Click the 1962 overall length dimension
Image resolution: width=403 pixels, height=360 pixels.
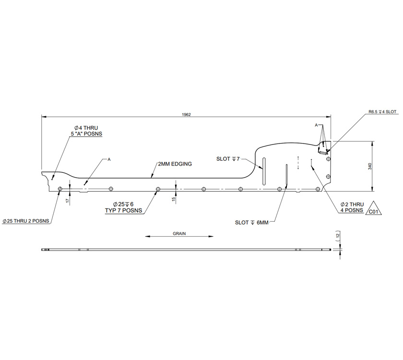click(187, 114)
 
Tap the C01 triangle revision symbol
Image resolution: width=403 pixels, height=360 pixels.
click(374, 210)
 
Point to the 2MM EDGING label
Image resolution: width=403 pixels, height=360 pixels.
click(175, 164)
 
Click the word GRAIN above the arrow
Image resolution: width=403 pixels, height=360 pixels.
click(179, 233)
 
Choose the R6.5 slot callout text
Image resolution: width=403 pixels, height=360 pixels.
click(382, 111)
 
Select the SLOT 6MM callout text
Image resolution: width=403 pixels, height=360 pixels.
click(252, 222)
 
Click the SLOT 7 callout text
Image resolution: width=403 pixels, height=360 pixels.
click(228, 158)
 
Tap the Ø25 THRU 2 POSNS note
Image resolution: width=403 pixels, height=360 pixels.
click(26, 221)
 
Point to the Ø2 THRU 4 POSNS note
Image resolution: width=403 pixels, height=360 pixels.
click(353, 207)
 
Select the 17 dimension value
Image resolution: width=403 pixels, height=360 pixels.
click(67, 200)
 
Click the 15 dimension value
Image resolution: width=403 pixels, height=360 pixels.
click(173, 198)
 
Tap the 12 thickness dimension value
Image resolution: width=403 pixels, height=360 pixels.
click(338, 236)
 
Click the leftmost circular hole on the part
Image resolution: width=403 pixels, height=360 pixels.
click(60, 189)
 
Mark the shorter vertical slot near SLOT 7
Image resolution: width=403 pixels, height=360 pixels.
click(263, 170)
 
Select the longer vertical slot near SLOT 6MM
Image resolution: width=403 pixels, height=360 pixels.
click(286, 176)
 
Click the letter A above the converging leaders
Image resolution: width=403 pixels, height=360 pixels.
click(316, 125)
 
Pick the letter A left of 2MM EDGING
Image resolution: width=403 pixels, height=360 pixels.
click(109, 159)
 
